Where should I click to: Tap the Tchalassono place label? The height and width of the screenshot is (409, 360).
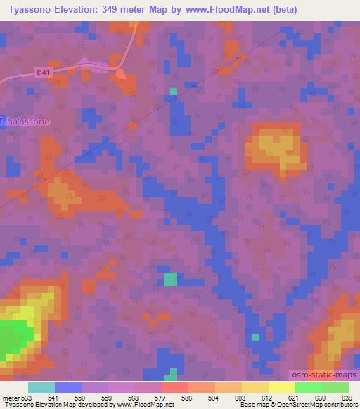[x=25, y=121]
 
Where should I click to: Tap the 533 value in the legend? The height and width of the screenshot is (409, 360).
[x=27, y=398]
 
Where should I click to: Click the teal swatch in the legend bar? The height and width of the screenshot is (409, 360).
[x=41, y=387]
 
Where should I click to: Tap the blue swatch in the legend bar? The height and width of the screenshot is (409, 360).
[x=67, y=387]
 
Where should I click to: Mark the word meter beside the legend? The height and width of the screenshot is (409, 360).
[x=10, y=398]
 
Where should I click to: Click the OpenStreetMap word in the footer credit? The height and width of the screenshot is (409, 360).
[x=307, y=405]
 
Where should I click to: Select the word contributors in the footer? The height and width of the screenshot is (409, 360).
[x=342, y=405]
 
